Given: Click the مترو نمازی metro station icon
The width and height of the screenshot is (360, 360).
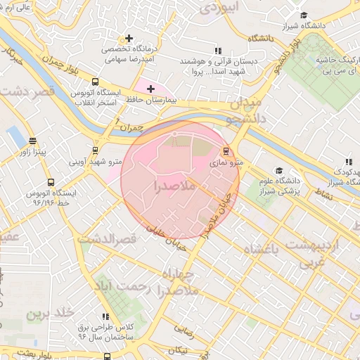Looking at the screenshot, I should (226, 150).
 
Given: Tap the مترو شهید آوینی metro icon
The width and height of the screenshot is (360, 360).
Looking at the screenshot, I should (95, 150).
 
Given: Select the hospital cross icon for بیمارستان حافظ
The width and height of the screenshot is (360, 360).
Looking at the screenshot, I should (150, 89).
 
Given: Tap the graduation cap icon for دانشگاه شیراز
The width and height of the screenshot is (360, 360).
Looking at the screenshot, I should (304, 15).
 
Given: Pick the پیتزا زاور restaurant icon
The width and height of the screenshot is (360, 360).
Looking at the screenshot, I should (32, 141).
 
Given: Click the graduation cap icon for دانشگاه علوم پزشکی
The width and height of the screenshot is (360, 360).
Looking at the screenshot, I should (279, 171).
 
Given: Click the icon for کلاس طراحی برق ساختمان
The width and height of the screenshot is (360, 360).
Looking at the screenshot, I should (106, 317).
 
